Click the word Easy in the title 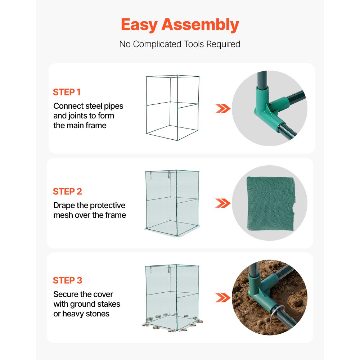[x=139, y=25]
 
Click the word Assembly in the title [x=200, y=25]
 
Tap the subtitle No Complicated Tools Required [x=180, y=44]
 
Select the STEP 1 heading [x=67, y=92]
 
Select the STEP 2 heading [x=67, y=192]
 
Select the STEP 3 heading [x=67, y=280]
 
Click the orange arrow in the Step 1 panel [x=222, y=108]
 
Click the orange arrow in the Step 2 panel [x=222, y=203]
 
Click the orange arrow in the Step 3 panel [x=222, y=297]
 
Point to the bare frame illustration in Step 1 [x=172, y=108]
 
